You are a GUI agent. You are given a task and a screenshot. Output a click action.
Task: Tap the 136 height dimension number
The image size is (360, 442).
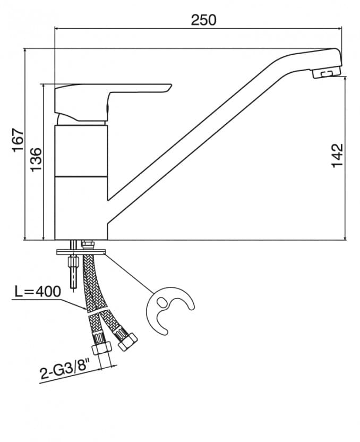pos(35,159)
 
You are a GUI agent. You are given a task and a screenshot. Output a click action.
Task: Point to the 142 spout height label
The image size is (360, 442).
pos(337,156)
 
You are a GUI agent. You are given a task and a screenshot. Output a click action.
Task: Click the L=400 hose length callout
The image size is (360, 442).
pos(38,291)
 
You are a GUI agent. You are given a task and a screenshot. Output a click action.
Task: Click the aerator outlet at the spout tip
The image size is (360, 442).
pos(327,73)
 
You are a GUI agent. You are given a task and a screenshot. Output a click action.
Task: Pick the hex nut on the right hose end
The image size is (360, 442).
pos(127,342)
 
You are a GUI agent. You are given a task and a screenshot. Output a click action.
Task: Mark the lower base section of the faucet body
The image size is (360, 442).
pos(82,207)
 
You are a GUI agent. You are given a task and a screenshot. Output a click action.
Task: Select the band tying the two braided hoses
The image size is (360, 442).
pos(98,310)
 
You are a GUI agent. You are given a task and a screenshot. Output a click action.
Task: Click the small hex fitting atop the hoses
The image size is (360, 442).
pos(88,245)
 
